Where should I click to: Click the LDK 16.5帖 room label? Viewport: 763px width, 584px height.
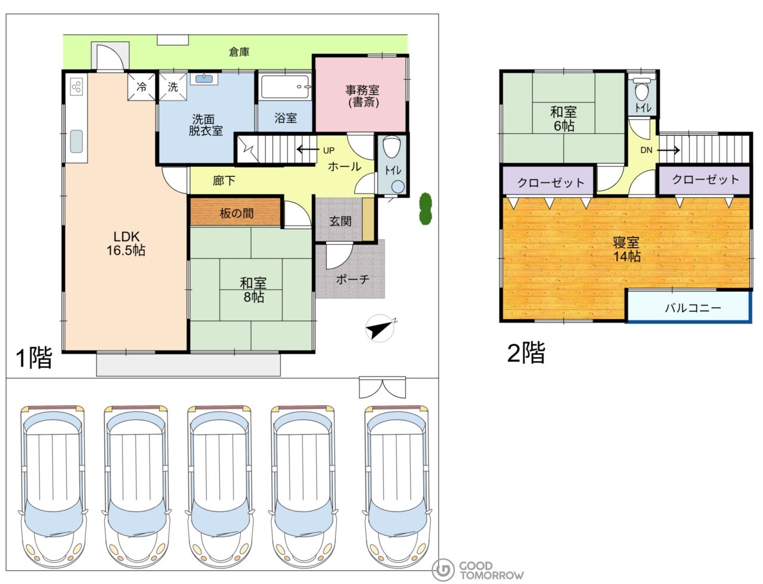click(x=126, y=243)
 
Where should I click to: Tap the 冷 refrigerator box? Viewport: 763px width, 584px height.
click(x=141, y=86)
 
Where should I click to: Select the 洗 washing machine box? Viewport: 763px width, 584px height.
click(x=173, y=86)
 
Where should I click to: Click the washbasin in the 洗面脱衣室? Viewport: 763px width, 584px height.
click(x=204, y=79)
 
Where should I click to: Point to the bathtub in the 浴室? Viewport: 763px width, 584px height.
click(x=286, y=86)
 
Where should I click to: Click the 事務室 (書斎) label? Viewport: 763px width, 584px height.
click(x=362, y=96)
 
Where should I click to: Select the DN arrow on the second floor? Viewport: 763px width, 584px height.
click(x=668, y=151)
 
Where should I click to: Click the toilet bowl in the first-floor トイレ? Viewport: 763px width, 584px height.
click(x=392, y=147)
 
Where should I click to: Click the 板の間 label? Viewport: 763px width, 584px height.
click(x=236, y=213)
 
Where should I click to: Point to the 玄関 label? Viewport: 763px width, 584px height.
click(x=340, y=221)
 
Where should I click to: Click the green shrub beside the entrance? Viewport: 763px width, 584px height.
click(x=426, y=208)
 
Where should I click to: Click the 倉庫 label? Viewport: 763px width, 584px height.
click(x=239, y=52)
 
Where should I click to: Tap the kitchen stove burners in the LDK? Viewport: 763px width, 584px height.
click(x=76, y=86)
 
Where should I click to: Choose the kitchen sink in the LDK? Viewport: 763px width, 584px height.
click(x=76, y=141)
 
